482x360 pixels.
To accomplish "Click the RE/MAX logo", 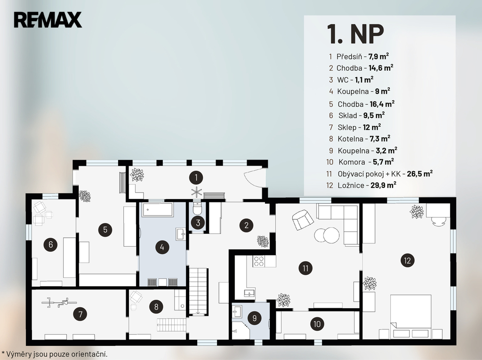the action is [48, 20].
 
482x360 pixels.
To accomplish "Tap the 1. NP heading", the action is [355, 34].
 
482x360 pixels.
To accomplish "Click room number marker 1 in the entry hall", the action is [196, 177].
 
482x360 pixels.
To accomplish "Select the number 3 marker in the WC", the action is [198, 223].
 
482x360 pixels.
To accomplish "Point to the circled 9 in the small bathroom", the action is [254, 318].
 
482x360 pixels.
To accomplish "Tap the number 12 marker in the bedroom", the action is [407, 260].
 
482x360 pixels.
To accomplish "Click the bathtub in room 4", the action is [157, 210].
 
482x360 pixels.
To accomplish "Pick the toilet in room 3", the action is [197, 208].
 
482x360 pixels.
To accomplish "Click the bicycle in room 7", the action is [58, 303].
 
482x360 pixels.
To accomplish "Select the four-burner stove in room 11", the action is [259, 261].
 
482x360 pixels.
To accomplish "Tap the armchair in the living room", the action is [303, 220].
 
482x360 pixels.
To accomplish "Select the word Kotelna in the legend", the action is [350, 139].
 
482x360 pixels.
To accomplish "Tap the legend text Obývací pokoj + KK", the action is [369, 174].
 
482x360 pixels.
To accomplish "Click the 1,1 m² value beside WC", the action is [364, 80].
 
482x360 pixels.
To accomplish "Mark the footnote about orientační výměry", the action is [55, 354].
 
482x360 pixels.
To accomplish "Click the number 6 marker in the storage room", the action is [51, 245].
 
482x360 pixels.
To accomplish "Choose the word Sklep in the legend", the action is [347, 127].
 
